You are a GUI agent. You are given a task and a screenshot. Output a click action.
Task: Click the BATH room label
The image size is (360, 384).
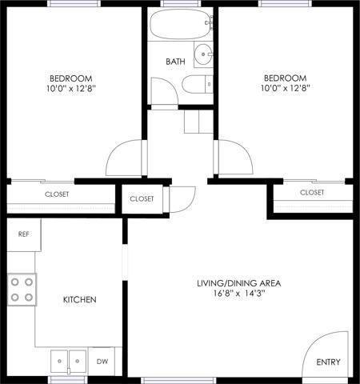coord(175,62)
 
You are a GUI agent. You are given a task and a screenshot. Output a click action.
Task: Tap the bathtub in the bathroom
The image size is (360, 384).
coord(181,26)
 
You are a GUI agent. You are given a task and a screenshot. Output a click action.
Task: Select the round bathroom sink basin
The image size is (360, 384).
coord(205,56)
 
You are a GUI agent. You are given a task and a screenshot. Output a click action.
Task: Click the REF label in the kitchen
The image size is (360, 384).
coord(23,234)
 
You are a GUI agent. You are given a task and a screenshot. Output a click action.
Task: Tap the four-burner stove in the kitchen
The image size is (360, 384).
coord(22,290)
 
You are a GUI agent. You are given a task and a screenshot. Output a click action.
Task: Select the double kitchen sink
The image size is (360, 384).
coord(68,360)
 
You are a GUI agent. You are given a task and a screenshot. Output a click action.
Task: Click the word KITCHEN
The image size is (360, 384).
coord(80,300)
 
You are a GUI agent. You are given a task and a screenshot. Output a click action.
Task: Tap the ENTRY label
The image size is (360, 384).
coord(328,362)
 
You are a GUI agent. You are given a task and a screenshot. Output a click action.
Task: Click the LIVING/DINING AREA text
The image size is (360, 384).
coord(238,283)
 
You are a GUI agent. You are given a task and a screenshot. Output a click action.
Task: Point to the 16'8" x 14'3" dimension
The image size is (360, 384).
coord(238,294)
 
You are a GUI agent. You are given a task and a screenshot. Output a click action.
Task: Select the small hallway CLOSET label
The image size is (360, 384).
coord(141,198)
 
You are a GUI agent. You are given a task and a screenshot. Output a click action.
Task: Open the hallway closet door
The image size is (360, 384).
coord(182,198)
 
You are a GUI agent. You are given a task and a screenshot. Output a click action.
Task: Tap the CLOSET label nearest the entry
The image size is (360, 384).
coord(312,193)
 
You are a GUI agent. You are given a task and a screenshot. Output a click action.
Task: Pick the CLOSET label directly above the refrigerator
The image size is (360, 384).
coord(56,194)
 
